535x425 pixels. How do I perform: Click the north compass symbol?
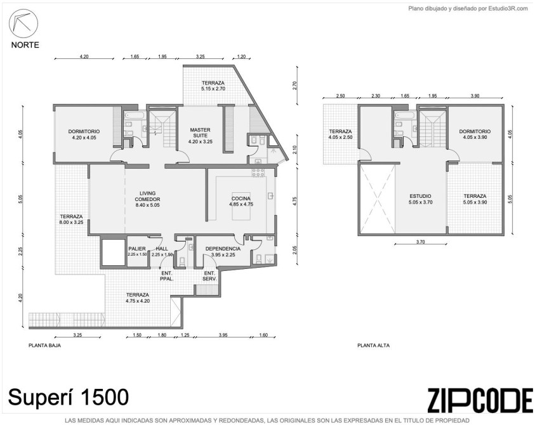pos(23,23)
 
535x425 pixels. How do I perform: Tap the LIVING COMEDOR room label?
pos(147,197)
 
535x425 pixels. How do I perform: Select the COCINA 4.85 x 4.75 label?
pos(241,202)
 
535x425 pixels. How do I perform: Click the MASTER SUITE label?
pos(201,133)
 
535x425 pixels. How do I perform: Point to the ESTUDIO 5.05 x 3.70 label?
pos(420,199)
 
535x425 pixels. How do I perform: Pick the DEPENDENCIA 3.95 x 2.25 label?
pos(223,252)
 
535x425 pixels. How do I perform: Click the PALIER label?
pos(137,249)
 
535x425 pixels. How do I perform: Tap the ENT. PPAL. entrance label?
pos(167,276)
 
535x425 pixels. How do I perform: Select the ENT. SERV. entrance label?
pos(209,276)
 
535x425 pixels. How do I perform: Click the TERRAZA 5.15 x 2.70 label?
pos(213,86)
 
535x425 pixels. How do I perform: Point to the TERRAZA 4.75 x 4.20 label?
pos(138,297)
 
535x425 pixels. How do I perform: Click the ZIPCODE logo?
pos(480,400)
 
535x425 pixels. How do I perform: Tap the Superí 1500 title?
pos(69,397)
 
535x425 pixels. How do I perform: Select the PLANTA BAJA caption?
pos(44,345)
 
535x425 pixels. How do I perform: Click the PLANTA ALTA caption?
pos(373,345)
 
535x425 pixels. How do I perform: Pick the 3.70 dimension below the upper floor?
pos(420,242)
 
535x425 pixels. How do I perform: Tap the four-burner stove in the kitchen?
pos(258,173)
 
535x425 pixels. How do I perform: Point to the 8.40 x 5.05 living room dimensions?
pos(147,205)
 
